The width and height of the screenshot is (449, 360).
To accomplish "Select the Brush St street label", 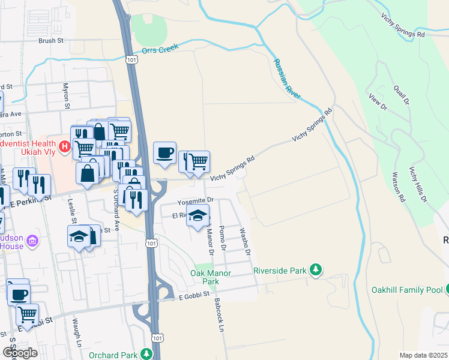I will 51,41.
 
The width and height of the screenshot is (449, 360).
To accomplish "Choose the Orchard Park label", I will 113,355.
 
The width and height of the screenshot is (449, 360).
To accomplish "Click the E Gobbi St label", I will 194,295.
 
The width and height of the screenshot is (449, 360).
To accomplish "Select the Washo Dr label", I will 244,241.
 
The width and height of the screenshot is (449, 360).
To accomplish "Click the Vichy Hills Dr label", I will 418,184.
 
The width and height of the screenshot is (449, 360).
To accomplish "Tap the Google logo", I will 19,353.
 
